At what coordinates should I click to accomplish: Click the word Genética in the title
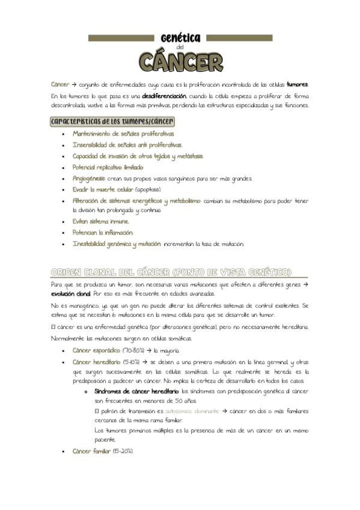point(180,37)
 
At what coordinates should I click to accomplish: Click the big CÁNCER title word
point(180,61)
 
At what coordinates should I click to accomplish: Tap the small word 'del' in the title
point(180,48)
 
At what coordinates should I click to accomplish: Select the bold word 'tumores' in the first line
point(297,84)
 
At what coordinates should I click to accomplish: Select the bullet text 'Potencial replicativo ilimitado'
point(108,167)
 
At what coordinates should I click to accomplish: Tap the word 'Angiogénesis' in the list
point(89,179)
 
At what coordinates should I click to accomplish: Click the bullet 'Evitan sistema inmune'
point(100,221)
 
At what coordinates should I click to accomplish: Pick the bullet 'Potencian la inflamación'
point(103,232)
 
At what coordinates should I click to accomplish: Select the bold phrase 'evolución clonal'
point(71,293)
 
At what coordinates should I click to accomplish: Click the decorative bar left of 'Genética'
point(123,37)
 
